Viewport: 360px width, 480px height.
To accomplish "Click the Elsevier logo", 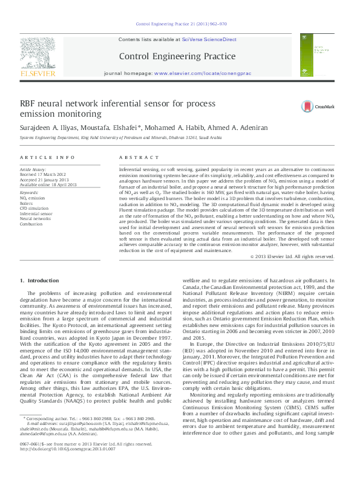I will (x=38, y=58).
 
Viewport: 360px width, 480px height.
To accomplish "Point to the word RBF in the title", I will (x=30, y=103).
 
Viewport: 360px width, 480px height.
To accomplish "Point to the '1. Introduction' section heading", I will (x=40, y=281).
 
